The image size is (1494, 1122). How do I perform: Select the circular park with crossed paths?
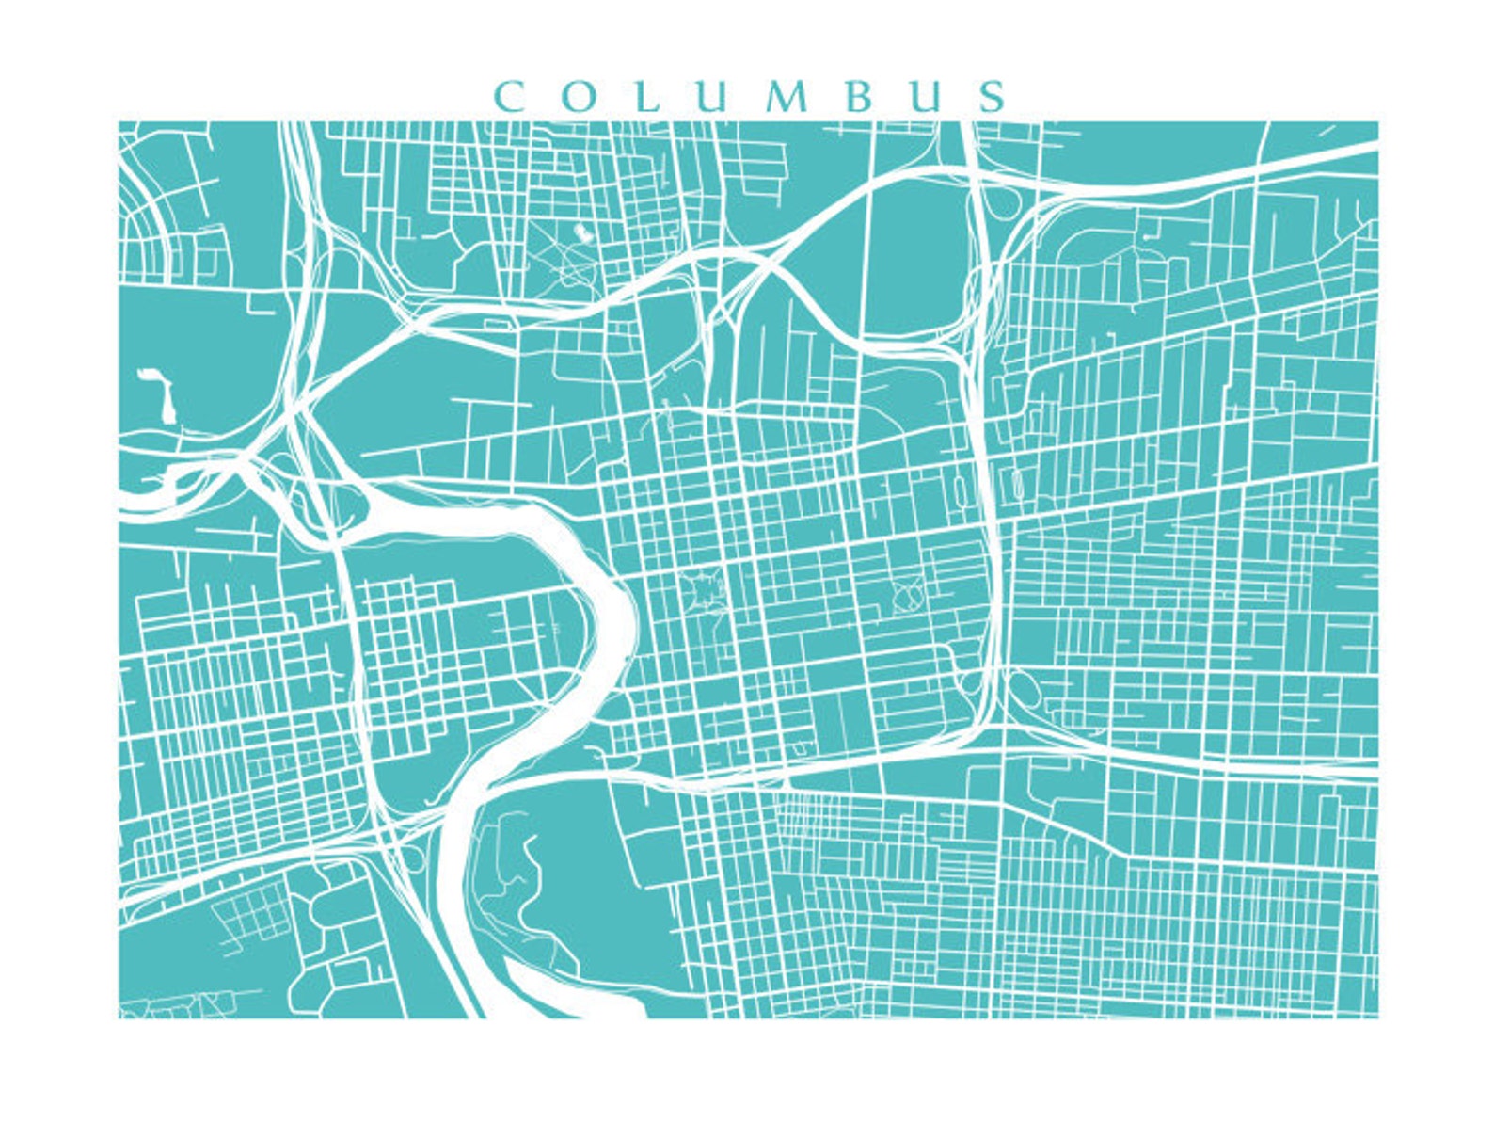908,595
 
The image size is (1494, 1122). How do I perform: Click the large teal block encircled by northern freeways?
908,254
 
